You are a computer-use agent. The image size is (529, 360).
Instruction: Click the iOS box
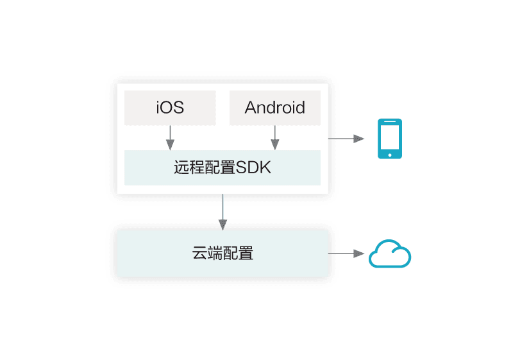[170, 108]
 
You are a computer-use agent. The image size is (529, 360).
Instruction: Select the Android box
[275, 108]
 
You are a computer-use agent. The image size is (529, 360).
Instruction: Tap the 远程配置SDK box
[223, 167]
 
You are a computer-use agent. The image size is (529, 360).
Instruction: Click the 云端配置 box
[223, 253]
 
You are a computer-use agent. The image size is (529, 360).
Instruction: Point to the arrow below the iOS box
[170, 138]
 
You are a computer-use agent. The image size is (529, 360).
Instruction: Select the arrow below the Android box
[275, 138]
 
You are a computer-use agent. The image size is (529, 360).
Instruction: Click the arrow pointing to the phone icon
[346, 139]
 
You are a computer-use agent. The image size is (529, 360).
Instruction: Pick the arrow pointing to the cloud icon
[346, 253]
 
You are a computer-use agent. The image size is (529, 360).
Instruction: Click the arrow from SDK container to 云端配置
[223, 212]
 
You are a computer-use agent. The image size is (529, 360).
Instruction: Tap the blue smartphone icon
[390, 139]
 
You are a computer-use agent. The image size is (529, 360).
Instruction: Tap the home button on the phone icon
[390, 155]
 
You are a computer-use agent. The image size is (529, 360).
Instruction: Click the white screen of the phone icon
[390, 137]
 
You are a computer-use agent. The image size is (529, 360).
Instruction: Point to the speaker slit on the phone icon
[390, 121]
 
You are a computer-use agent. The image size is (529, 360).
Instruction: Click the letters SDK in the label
[253, 167]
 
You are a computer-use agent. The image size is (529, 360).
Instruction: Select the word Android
[275, 107]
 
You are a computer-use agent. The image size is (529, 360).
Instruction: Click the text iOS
[170, 107]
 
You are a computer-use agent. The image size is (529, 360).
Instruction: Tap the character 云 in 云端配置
[199, 253]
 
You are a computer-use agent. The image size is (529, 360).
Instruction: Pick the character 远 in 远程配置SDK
[181, 167]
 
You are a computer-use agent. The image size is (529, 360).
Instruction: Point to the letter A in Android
[251, 108]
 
